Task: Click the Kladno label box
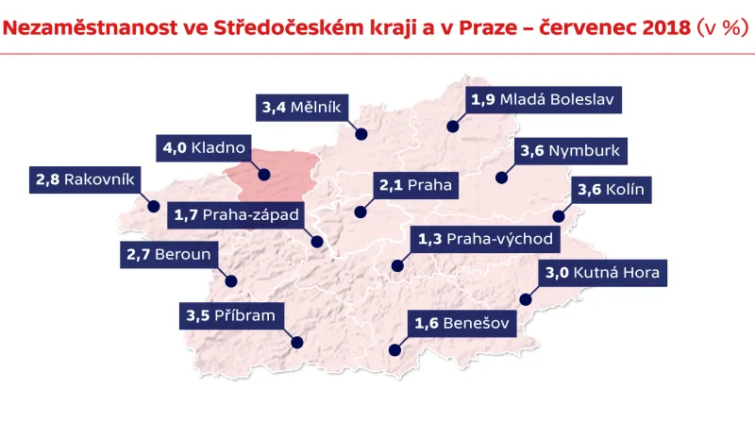coord(203,148)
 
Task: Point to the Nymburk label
coord(569,150)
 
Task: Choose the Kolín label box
coord(611,189)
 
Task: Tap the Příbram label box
coord(230,315)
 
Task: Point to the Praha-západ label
coord(236,216)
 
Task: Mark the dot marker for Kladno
coord(264,174)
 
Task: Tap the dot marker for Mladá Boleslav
coord(453,126)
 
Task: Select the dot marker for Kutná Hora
coord(526,300)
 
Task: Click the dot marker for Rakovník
coord(153,205)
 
